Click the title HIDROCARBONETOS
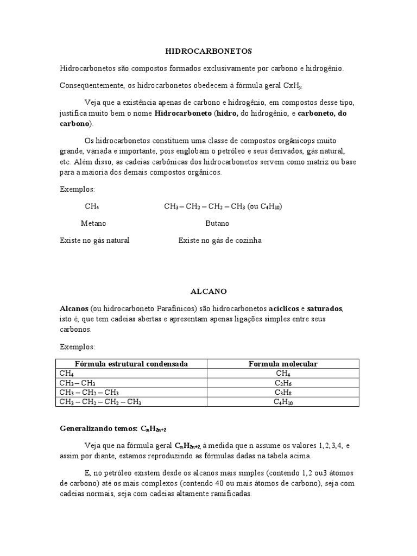[208, 51]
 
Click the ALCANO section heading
[208, 292]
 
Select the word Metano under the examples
[93, 223]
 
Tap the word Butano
[217, 223]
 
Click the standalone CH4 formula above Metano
[92, 207]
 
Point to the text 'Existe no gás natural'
[94, 240]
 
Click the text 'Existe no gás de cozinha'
[220, 240]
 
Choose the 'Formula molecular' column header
[283, 364]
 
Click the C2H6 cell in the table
[283, 383]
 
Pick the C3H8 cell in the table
[283, 393]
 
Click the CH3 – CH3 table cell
[78, 383]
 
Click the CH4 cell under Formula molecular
[283, 374]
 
